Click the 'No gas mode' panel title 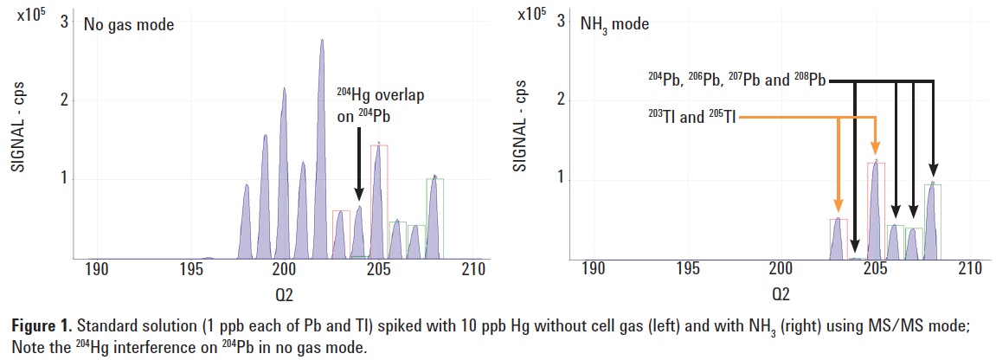pyautogui.click(x=129, y=24)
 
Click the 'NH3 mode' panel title pyautogui.click(x=612, y=24)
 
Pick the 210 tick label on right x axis pyautogui.click(x=969, y=270)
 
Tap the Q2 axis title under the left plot pyautogui.click(x=284, y=294)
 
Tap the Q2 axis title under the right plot pyautogui.click(x=781, y=294)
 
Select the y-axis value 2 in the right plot pyautogui.click(x=561, y=100)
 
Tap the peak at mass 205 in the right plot pyautogui.click(x=876, y=208)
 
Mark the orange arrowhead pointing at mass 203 pyautogui.click(x=838, y=206)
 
